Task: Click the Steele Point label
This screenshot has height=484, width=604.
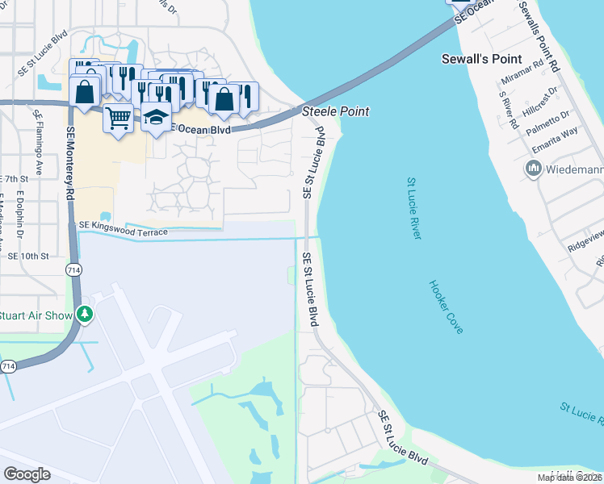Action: (x=335, y=111)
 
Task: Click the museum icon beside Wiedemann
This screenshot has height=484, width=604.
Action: (x=533, y=169)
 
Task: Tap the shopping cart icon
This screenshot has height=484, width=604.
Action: (x=118, y=119)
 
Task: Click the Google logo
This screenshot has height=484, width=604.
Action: (x=27, y=474)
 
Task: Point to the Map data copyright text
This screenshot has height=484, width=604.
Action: (x=570, y=478)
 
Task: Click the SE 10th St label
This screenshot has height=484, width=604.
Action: (x=28, y=256)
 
